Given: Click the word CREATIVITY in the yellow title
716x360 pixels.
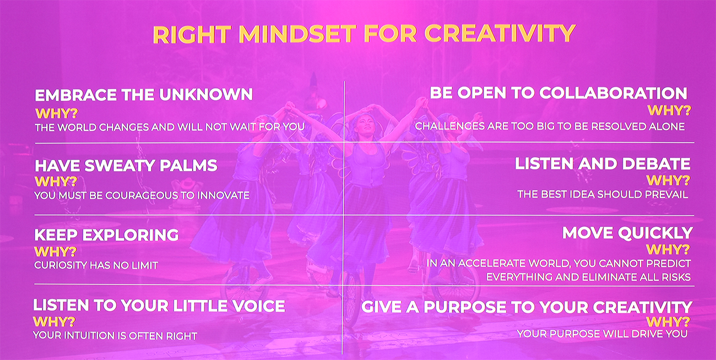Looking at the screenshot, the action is coord(500,34).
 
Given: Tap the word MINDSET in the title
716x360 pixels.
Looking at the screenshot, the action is coord(297,34).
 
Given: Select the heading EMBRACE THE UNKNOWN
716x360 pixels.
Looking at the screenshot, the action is coord(144,95).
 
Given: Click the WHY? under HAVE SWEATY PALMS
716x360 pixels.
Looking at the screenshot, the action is coord(56,182).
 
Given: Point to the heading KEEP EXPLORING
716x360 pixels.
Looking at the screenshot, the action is coord(106,235).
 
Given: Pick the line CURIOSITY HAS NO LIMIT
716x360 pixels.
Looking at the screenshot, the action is coord(96,265).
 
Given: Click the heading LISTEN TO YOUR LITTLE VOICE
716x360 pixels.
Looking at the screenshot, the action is coord(159,306).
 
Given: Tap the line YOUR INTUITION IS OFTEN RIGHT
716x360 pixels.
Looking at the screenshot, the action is coord(115,335).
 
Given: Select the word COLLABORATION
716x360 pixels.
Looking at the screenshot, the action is coord(614,93).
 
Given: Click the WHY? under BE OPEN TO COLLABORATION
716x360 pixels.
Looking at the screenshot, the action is coord(669,111).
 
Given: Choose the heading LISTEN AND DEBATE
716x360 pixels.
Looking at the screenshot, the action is coord(603,164).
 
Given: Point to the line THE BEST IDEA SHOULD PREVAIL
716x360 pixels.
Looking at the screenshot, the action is coord(603,194).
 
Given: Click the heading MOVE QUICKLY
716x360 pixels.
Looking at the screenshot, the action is coord(627,233).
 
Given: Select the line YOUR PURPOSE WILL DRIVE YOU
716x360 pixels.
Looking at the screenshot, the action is coord(602,334).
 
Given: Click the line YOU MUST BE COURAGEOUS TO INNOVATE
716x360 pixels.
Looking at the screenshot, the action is coord(142,195).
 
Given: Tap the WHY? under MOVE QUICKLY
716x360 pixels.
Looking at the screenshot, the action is coord(668,249).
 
